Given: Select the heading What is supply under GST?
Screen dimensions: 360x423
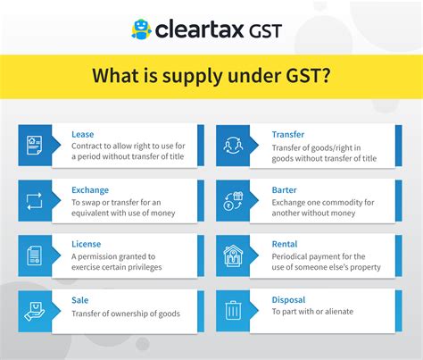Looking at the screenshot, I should (211, 76).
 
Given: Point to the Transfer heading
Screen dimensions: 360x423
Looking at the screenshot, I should (289, 135).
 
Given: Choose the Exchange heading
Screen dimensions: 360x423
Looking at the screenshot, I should (90, 189).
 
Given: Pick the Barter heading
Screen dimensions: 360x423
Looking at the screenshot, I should (286, 189).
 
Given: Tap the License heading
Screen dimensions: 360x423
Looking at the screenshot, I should (87, 244).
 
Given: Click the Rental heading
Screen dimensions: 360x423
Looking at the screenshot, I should (285, 244).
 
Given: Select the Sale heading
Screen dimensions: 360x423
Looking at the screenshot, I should (80, 300).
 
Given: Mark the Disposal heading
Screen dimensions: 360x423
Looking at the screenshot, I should (289, 300).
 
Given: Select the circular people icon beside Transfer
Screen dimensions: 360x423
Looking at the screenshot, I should (232, 145).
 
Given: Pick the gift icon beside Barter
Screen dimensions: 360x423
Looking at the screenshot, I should (232, 200).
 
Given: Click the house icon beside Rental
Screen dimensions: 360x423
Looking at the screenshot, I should (232, 255).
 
